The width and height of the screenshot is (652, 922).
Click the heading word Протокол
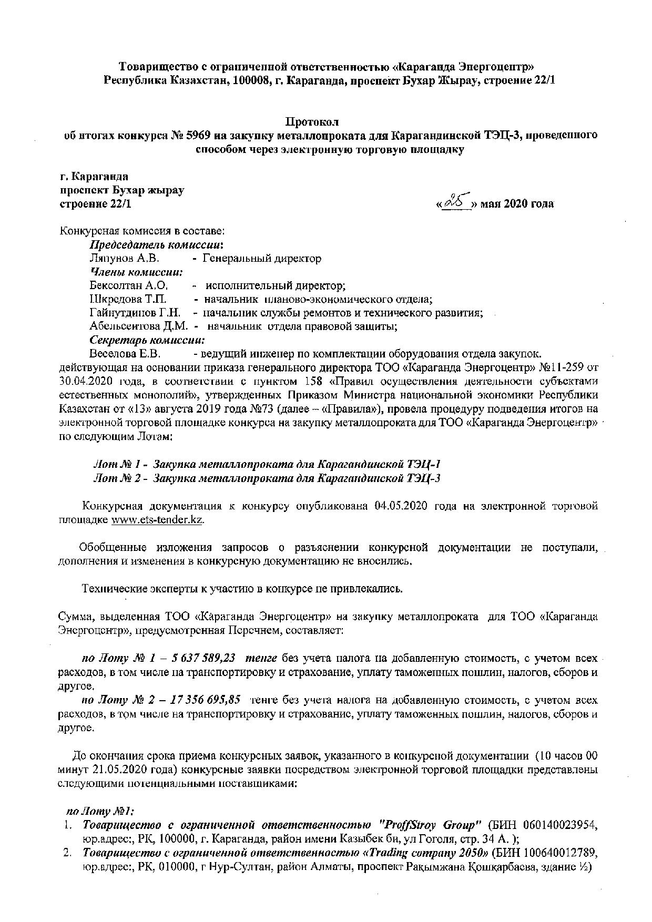312,122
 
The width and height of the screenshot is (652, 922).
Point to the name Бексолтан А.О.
128,286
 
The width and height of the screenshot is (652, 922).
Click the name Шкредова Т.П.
128,300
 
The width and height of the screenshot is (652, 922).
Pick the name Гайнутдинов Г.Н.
135,313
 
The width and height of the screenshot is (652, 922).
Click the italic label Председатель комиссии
156,245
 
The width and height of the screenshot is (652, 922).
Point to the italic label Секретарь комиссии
147,340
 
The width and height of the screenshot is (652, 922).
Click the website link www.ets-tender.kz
157,520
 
